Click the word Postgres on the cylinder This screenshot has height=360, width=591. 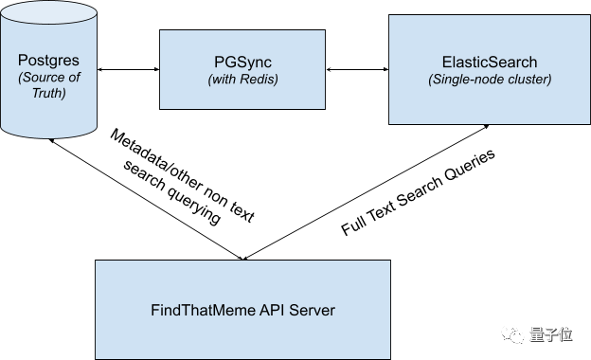(x=48, y=61)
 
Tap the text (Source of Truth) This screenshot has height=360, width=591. (x=49, y=85)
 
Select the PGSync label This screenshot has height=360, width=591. (x=242, y=63)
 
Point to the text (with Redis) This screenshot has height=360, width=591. (x=242, y=80)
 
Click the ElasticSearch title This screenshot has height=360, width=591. (x=490, y=63)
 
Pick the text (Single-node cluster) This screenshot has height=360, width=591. (x=490, y=80)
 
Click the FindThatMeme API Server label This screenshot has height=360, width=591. (x=242, y=310)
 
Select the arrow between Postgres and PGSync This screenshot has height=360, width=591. (x=129, y=69)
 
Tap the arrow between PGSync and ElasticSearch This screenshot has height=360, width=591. (x=357, y=69)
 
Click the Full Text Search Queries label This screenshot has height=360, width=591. (x=418, y=192)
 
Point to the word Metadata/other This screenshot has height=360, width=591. (x=156, y=160)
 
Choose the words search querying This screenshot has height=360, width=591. (x=171, y=192)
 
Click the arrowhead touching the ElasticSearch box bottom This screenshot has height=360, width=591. (x=486, y=127)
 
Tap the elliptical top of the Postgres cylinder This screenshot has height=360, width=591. (x=48, y=13)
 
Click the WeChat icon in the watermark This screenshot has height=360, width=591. (x=512, y=334)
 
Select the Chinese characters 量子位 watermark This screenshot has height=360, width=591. (x=551, y=334)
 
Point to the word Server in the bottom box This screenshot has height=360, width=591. (x=313, y=310)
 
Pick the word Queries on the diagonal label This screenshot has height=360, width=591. (x=470, y=166)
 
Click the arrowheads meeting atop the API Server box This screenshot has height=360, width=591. (x=243, y=259)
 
